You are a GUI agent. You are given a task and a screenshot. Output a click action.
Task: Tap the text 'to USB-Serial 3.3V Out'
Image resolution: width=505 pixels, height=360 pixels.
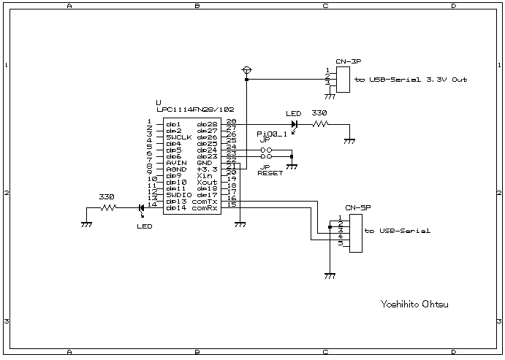pos(410,80)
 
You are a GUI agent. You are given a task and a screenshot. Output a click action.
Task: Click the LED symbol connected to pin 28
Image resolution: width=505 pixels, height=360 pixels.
pos(294,124)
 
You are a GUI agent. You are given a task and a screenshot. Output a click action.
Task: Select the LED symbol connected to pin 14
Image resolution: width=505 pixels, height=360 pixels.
pos(140,209)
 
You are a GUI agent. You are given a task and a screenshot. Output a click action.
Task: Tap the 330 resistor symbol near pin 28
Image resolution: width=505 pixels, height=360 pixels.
pos(320,125)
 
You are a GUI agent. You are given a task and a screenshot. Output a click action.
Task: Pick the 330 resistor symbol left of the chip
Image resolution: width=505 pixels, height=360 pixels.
pos(107,209)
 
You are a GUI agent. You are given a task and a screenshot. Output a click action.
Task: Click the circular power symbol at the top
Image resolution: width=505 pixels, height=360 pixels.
pos(246,70)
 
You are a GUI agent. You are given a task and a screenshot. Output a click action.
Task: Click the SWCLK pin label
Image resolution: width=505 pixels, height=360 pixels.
pos(178,137)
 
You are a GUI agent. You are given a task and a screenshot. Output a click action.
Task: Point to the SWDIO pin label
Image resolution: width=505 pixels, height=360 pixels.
pos(178,195)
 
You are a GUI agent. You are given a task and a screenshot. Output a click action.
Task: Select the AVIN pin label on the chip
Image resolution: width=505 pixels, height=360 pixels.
pos(176,162)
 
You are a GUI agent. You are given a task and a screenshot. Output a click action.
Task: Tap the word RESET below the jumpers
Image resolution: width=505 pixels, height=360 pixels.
pos(270,175)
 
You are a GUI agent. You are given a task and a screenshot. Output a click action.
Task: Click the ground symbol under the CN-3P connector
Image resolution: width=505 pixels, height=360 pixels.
pos(330,95)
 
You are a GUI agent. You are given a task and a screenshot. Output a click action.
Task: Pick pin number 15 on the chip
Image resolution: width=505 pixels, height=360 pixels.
pos(232,204)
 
